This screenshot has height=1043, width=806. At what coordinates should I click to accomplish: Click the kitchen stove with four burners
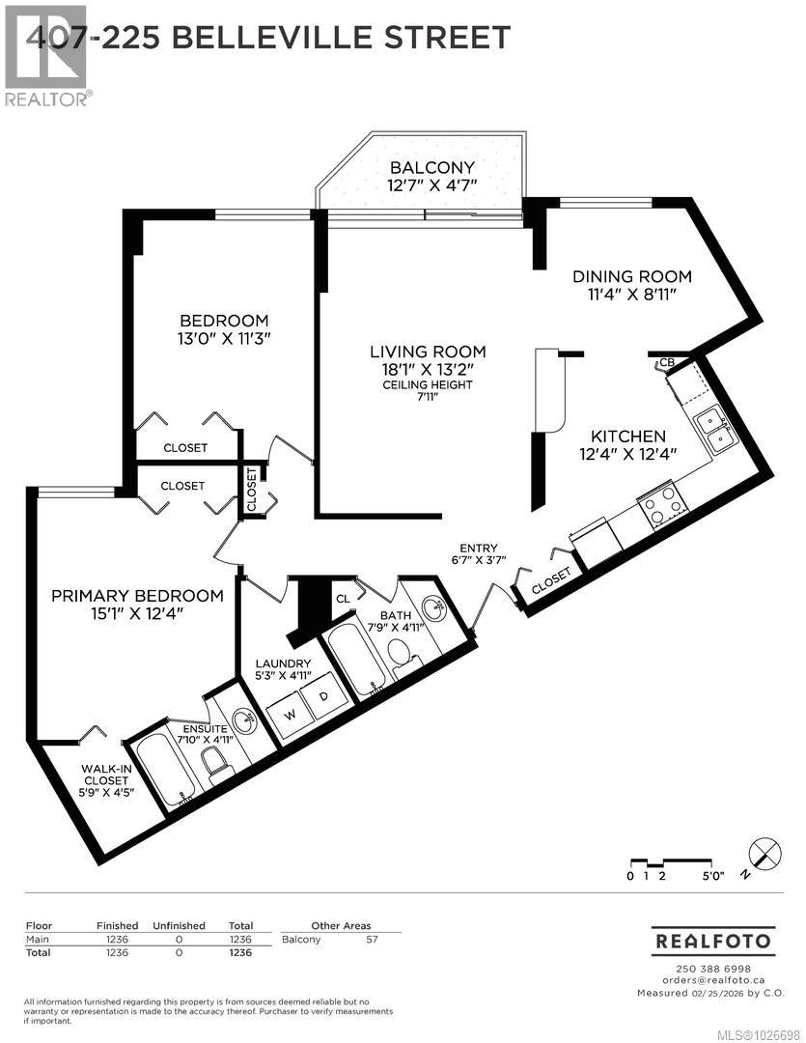(663, 505)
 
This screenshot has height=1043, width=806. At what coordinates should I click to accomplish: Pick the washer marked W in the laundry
(290, 716)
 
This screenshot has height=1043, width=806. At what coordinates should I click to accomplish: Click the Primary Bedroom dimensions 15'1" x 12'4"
(137, 615)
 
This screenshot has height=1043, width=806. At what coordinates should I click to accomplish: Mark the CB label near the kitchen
(666, 363)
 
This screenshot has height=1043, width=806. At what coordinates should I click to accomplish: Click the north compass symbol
(764, 857)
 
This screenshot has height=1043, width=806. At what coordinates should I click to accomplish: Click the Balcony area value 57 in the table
(370, 939)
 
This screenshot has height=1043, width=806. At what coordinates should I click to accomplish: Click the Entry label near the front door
(479, 547)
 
